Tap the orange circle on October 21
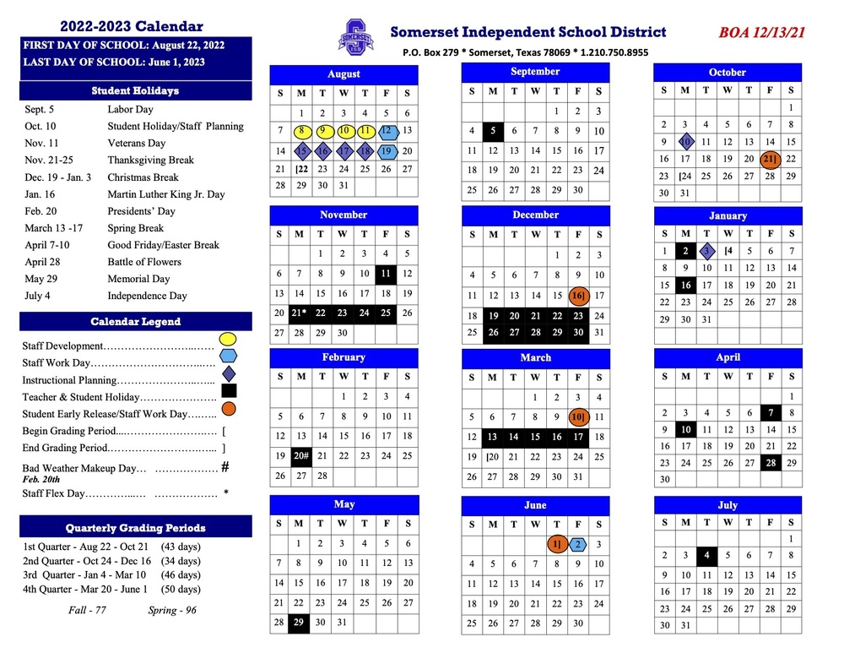(770, 159)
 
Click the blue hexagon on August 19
(386, 151)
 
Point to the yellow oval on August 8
(301, 131)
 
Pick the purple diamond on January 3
(707, 251)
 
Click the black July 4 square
(706, 556)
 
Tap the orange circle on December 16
(578, 296)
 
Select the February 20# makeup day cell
(300, 456)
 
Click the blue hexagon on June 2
(578, 545)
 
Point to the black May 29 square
(299, 623)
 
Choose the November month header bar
(344, 215)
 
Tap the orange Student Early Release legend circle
(228, 411)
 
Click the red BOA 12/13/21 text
(762, 33)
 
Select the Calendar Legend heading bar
(135, 322)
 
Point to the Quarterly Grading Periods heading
(135, 528)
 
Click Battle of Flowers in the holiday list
(138, 262)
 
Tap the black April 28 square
(770, 462)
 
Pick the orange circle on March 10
(578, 416)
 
